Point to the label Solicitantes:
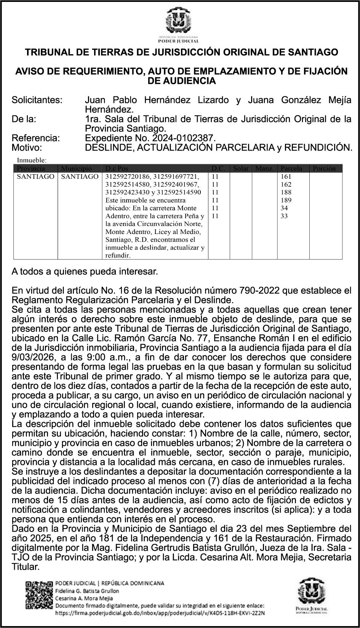click(37, 100)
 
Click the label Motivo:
click(27, 147)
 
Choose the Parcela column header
click(291, 168)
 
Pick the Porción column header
click(324, 168)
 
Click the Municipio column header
click(76, 168)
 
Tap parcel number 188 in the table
click(286, 192)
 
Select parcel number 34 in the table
click(284, 208)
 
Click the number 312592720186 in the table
click(127, 176)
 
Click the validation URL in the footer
click(160, 613)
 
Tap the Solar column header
click(241, 168)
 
